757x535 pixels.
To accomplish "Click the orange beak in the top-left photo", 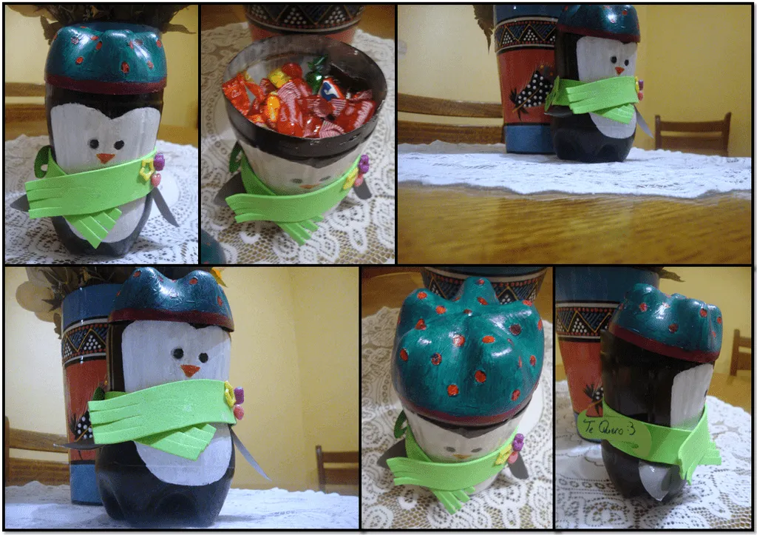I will coord(106,158).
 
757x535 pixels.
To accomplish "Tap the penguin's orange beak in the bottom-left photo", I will coord(191,370).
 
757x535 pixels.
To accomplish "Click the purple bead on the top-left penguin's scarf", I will coord(157,160).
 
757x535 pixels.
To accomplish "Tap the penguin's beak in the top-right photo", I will coord(619,70).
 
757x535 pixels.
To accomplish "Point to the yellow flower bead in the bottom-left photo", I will coord(231,397).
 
